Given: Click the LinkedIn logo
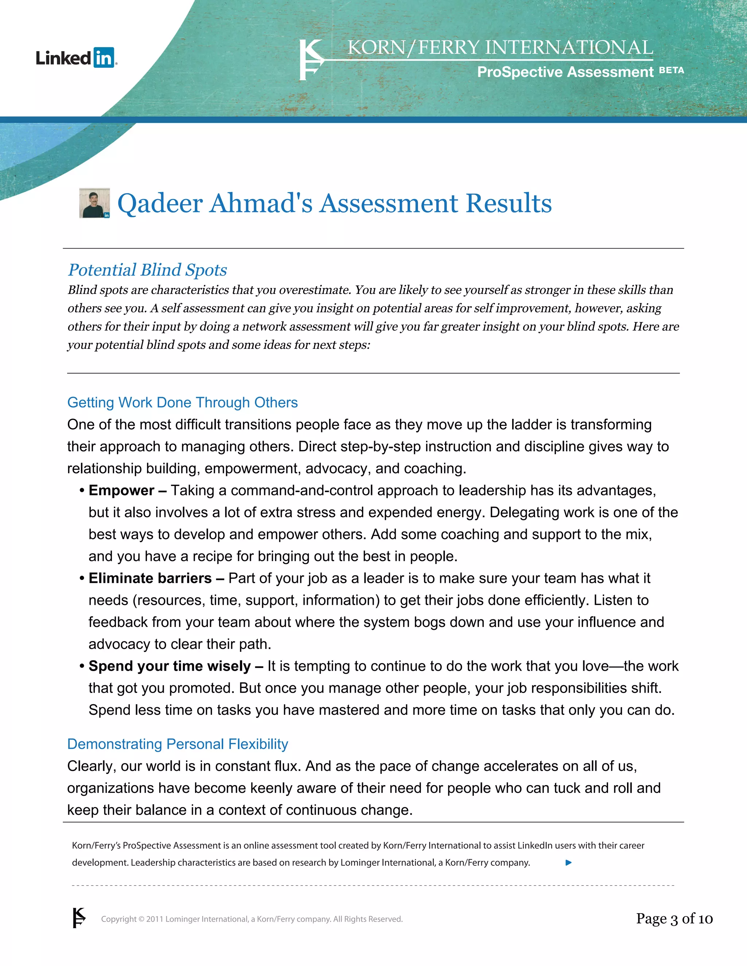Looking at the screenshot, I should (x=76, y=58).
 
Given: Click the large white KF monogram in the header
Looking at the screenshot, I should (x=311, y=60).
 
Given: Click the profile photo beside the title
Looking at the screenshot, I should (x=94, y=203).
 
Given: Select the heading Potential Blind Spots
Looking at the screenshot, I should (x=147, y=270).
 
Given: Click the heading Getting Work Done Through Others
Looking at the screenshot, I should (x=182, y=402).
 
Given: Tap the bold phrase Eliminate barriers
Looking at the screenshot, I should (x=150, y=578).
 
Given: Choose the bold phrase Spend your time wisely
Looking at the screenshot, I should (x=170, y=666).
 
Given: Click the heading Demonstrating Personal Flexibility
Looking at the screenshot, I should (x=178, y=744).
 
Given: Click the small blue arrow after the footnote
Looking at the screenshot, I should (x=569, y=862).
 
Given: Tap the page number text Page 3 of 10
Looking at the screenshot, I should (x=674, y=919).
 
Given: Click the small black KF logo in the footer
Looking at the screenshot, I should (x=79, y=918).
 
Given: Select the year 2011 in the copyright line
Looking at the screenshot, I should (x=155, y=919).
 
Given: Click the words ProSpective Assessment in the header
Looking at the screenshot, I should (x=565, y=72).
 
